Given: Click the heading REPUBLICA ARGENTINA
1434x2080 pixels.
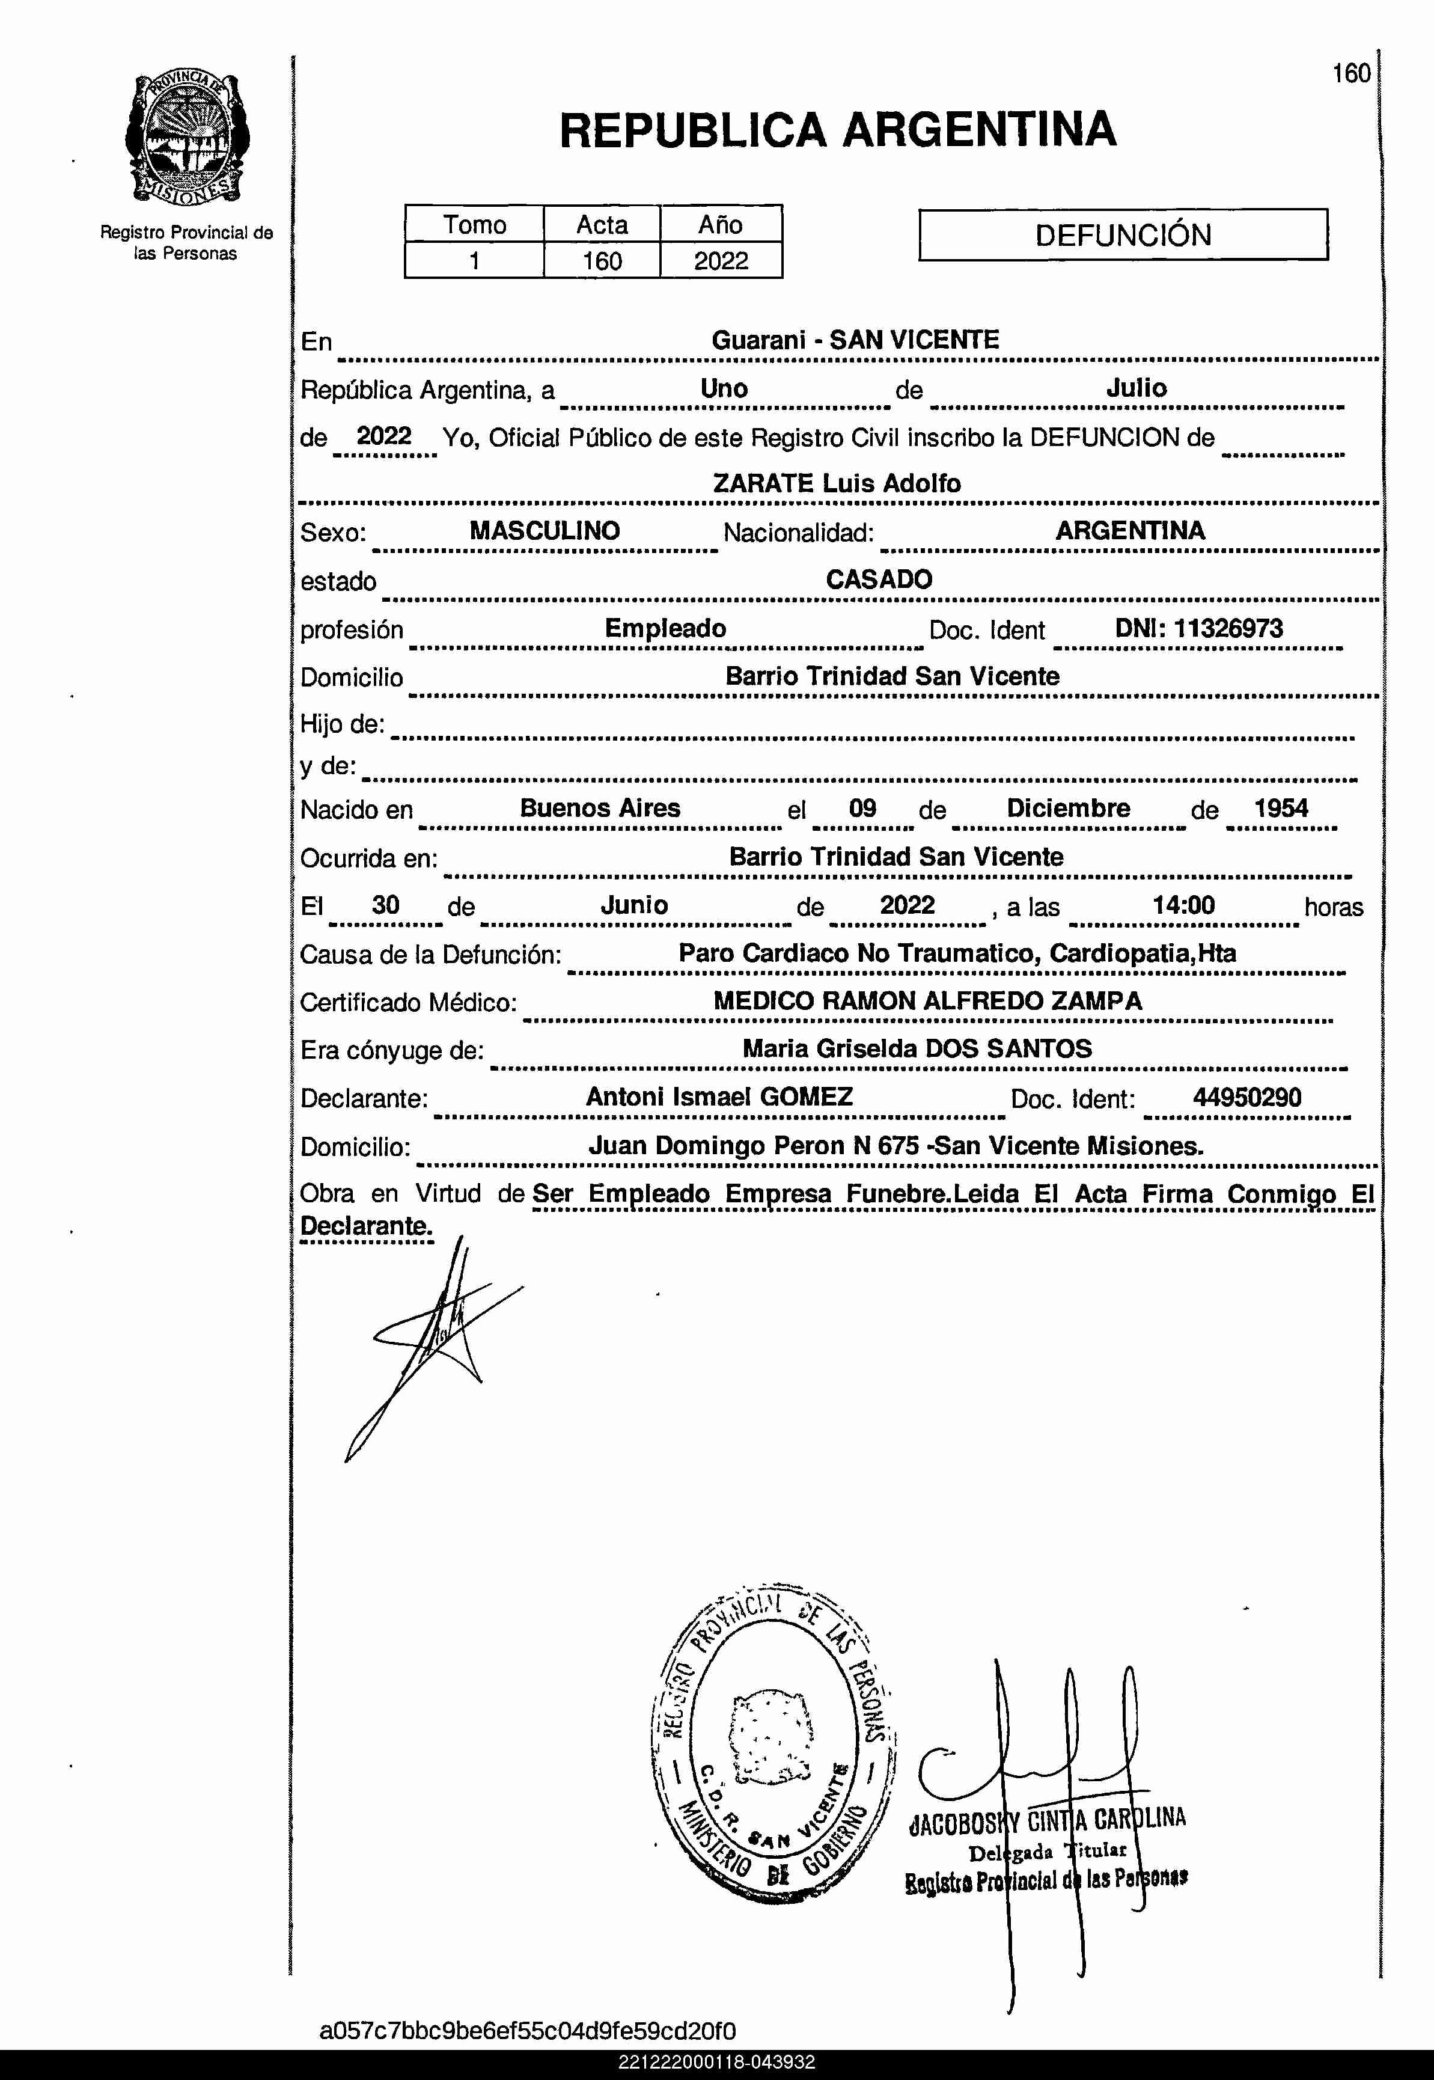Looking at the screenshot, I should [837, 130].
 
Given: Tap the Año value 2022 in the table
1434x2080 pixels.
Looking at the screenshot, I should [721, 260].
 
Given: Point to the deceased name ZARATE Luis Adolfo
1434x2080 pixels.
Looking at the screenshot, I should [837, 483].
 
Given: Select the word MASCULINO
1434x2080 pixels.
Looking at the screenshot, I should [545, 530].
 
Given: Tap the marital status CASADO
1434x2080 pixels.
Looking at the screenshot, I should [879, 580].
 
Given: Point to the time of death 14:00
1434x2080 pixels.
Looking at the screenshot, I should [1183, 905].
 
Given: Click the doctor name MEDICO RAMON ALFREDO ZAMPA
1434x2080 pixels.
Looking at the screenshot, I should [927, 1001].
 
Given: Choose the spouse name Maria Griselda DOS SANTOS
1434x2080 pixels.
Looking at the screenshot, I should [917, 1048].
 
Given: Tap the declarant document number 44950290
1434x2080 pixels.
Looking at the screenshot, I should [1246, 1097].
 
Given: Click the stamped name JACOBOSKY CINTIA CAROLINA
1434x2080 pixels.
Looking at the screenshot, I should [1047, 1820].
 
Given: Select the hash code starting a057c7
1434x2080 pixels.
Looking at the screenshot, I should [528, 2031].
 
